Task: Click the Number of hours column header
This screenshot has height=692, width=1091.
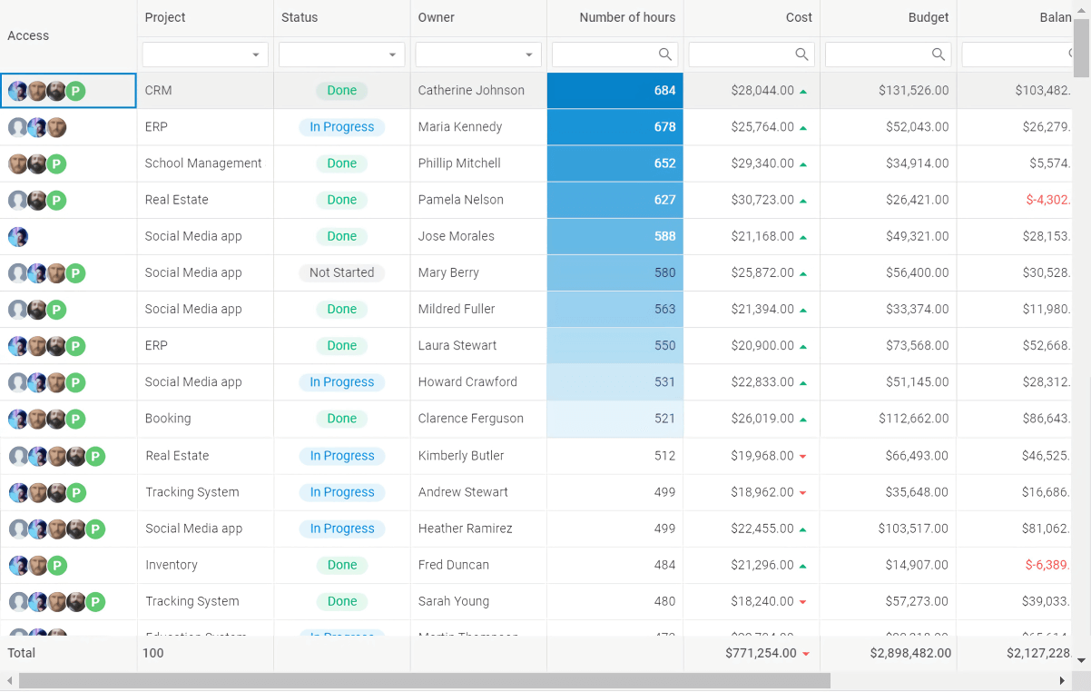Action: (626, 17)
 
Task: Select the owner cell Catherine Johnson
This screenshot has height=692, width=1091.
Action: (471, 91)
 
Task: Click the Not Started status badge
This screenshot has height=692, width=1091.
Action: (341, 272)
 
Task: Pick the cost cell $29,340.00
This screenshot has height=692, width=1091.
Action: (762, 163)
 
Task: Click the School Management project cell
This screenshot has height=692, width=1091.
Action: (203, 163)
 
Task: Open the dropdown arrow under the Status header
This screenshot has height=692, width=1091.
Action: (392, 55)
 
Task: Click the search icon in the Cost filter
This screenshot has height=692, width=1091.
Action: (801, 54)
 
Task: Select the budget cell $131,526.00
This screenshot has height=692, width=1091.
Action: (913, 91)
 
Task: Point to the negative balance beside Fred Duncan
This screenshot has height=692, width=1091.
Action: (1047, 565)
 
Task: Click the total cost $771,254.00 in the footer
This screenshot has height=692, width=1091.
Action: (761, 653)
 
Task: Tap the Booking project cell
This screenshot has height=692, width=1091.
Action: (168, 419)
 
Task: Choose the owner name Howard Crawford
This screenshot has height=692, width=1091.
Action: (467, 382)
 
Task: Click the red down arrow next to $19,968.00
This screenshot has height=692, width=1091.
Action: (803, 456)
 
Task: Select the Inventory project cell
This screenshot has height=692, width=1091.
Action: (172, 565)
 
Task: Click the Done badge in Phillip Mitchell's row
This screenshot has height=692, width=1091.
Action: (341, 163)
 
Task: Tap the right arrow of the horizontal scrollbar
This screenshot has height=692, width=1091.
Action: (1062, 681)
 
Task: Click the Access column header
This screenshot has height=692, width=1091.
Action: (28, 35)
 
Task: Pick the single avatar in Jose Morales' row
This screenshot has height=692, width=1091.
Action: (18, 237)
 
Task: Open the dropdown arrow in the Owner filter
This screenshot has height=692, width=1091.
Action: (529, 55)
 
